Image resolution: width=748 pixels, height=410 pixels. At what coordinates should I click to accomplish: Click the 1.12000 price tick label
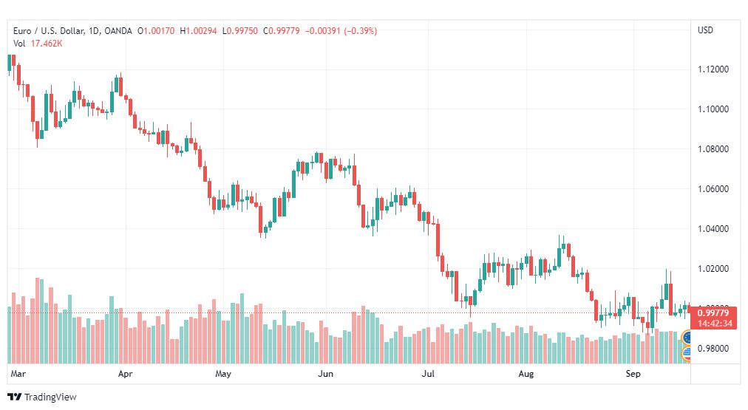pos(713,69)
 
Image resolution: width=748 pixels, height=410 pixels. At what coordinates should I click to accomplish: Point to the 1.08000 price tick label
pos(713,148)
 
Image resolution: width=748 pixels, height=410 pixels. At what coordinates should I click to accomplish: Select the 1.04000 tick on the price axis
pos(713,228)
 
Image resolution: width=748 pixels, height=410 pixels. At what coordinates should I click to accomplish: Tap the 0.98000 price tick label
pos(713,348)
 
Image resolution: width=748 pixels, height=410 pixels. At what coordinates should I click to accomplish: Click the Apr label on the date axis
pos(125,374)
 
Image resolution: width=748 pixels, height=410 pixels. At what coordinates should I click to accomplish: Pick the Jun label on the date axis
pos(325,374)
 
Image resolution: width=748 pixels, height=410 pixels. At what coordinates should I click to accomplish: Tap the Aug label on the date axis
pos(526,374)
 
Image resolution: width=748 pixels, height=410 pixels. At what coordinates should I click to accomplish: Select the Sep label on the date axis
pos(633,374)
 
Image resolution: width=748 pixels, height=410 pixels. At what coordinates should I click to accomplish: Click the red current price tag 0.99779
pos(713,312)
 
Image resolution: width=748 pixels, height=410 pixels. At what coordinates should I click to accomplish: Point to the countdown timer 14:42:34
pos(715,324)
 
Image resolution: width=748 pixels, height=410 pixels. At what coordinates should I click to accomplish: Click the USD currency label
pos(705,30)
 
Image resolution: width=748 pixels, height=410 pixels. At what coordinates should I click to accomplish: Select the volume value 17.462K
pos(47,44)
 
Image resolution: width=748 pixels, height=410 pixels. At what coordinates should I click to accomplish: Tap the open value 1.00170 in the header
pos(159,31)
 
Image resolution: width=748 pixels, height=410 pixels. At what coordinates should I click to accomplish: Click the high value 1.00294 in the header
pos(201,31)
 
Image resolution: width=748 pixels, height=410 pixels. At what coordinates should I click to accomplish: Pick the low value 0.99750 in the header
pos(242,31)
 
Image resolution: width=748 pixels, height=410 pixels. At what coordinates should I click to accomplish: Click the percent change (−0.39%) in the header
pos(360,31)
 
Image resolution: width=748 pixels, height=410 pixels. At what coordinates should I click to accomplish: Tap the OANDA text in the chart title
pos(118,31)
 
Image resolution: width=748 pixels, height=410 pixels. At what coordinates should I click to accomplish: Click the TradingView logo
pos(42,397)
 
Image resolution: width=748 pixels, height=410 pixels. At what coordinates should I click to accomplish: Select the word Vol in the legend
pos(19,44)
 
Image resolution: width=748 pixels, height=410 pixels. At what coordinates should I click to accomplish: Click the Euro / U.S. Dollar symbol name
pos(49,31)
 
